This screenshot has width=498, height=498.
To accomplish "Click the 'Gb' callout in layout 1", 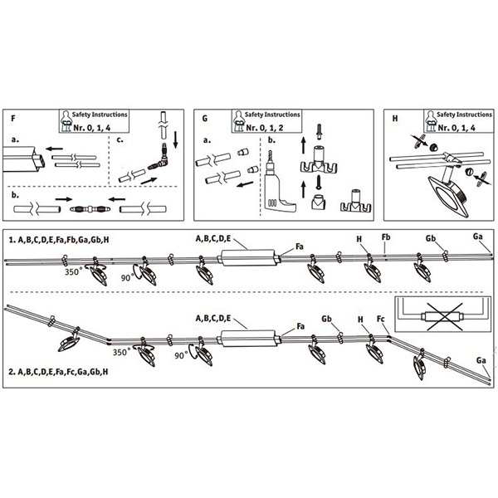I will (431, 239).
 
